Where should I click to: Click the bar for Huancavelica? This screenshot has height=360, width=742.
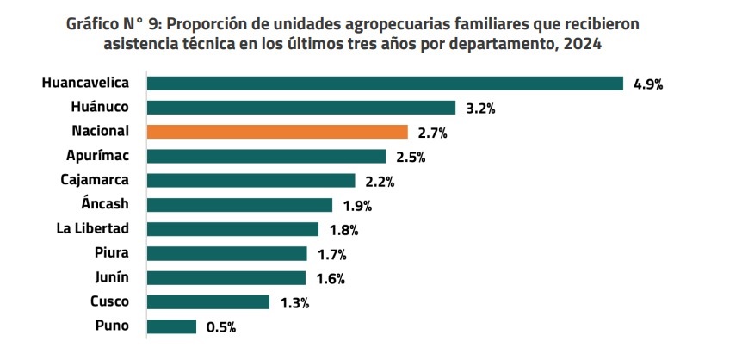point(385,84)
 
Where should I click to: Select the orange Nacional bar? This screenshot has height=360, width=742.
point(277,132)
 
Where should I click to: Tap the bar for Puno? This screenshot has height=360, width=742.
point(171,326)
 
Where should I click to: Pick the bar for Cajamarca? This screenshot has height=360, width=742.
point(250,181)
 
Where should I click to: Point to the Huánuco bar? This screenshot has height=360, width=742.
point(300,108)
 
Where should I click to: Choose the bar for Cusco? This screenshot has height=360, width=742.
point(207,302)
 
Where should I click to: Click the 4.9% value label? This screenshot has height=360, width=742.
point(648,84)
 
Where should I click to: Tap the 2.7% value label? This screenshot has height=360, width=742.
point(431,133)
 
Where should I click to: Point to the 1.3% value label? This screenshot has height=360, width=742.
point(294,303)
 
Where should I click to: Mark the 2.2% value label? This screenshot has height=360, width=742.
point(380,182)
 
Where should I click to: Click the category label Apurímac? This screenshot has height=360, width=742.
point(97,156)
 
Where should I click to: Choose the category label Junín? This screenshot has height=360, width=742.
point(111,277)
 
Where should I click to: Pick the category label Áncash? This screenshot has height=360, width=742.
point(103,205)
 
